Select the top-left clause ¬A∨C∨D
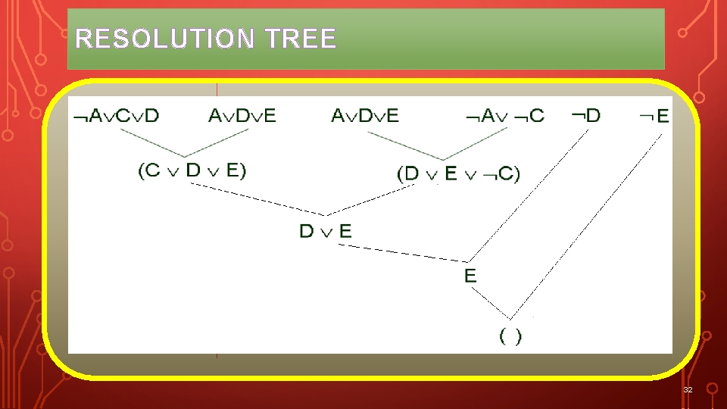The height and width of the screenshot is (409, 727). coord(116,116)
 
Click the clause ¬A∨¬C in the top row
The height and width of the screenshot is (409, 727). coord(504,116)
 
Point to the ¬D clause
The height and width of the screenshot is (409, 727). coord(585,115)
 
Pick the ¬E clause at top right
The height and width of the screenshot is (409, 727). coord(654,116)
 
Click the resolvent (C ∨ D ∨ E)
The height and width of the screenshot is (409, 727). coord(192,170)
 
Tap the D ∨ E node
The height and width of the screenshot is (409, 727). coord(326,231)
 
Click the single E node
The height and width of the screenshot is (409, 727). coord(470,275)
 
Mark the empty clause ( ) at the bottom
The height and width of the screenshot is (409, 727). coord(510,336)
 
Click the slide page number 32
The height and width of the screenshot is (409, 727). coord(688,389)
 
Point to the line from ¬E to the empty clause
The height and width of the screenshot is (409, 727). coord(591,224)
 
